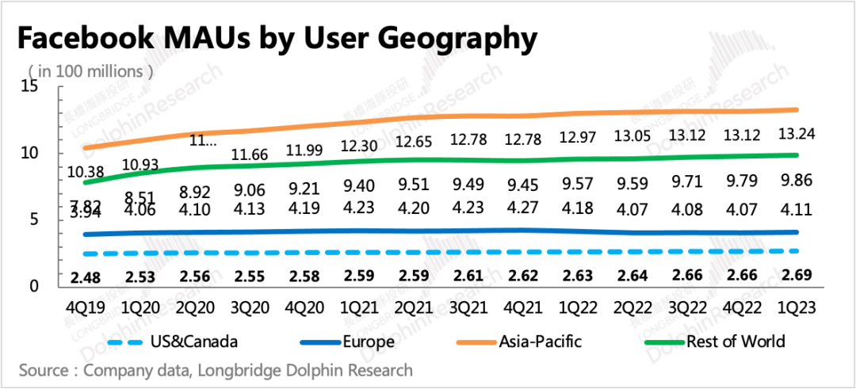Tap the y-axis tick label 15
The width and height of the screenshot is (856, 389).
(x=30, y=86)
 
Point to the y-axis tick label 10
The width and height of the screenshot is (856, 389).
(x=30, y=153)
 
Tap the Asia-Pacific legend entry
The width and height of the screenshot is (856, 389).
(x=540, y=342)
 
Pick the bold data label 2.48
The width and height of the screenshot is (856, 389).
(x=83, y=278)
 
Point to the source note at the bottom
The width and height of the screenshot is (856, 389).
(x=216, y=370)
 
